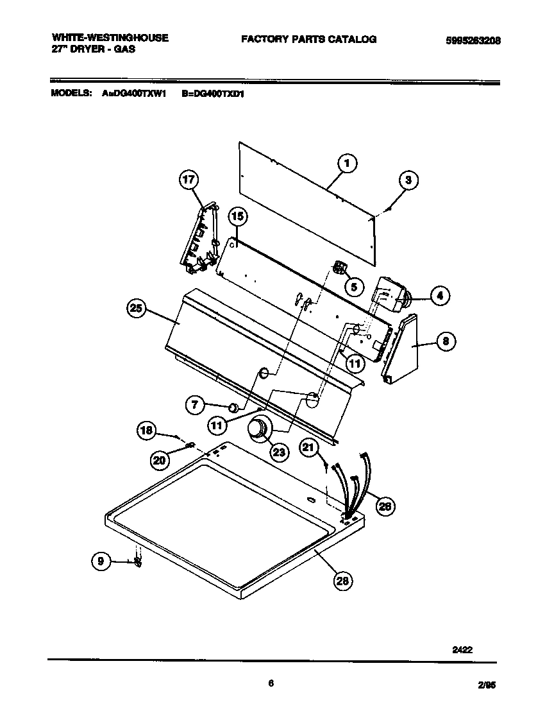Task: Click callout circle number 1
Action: tap(346, 164)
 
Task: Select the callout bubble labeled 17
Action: tap(189, 180)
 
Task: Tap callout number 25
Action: tap(136, 309)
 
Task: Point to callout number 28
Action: tap(343, 581)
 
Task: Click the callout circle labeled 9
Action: tap(100, 561)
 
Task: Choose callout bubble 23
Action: tap(279, 452)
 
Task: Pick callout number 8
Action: tap(445, 341)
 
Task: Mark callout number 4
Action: tap(439, 296)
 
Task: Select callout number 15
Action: tap(237, 218)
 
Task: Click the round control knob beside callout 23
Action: tap(259, 429)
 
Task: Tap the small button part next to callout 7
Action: tap(235, 406)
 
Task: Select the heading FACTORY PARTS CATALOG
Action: tap(308, 39)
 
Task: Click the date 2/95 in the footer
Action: tap(487, 685)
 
